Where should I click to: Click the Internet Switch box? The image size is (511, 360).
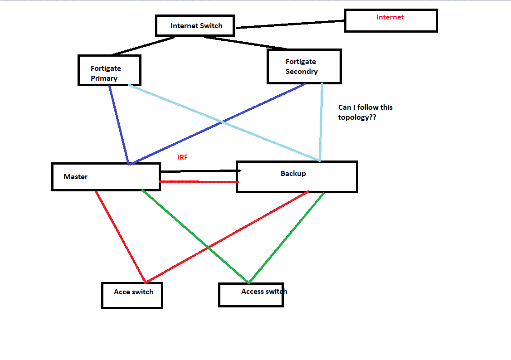pos(195,25)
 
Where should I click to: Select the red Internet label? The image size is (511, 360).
pos(390,17)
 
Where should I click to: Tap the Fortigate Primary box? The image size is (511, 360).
pos(109,70)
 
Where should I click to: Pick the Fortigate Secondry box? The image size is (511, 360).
pos(304,67)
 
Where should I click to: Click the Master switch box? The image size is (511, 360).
pos(106,177)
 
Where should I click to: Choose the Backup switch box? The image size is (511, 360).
pos(297,177)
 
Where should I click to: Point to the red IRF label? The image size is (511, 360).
pos(182,157)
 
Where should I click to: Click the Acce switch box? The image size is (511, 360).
pos(132,296)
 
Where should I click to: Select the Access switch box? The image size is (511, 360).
pos(251,295)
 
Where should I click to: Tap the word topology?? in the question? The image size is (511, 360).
pos(357,117)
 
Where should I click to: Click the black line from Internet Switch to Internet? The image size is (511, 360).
pos(290,24)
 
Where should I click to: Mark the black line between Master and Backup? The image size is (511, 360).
pos(200,171)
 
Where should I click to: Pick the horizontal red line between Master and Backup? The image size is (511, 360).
pos(200,182)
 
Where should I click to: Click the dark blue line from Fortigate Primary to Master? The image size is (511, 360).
pos(119,125)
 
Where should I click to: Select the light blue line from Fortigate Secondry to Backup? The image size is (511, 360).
pos(321,122)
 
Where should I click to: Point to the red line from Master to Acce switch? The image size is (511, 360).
pos(120,236)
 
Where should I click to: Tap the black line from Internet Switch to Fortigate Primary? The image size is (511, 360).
pos(143,46)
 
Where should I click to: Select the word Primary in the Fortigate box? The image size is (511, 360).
pos(104,78)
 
